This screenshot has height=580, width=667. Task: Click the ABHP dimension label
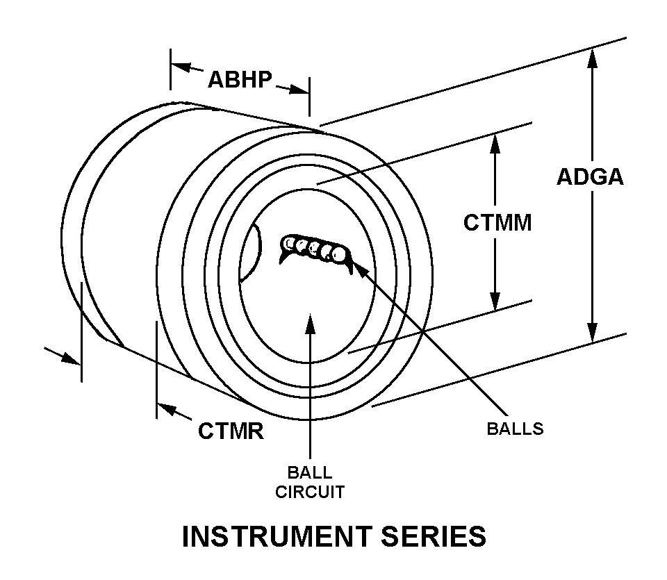pyautogui.click(x=240, y=79)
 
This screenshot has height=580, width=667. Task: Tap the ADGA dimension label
pyautogui.click(x=590, y=177)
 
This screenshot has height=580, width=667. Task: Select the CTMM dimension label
pyautogui.click(x=497, y=223)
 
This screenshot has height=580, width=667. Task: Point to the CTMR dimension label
pyautogui.click(x=231, y=431)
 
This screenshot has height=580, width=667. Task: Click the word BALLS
pyautogui.click(x=515, y=428)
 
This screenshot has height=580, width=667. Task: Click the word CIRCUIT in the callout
pyautogui.click(x=310, y=492)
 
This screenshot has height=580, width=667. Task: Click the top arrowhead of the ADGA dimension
pyautogui.click(x=592, y=58)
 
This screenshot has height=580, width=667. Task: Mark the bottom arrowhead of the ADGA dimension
pyautogui.click(x=592, y=333)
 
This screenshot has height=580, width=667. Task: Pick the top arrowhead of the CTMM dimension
pyautogui.click(x=495, y=142)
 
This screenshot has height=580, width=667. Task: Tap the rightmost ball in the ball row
pyautogui.click(x=338, y=255)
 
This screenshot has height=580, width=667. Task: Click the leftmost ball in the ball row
pyautogui.click(x=288, y=242)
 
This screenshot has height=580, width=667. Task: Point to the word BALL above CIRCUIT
pyautogui.click(x=310, y=474)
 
